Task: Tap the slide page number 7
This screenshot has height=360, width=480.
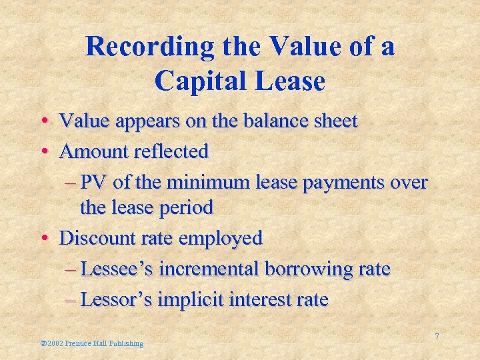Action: point(437,337)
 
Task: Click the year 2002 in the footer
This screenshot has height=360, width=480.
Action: point(53,343)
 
